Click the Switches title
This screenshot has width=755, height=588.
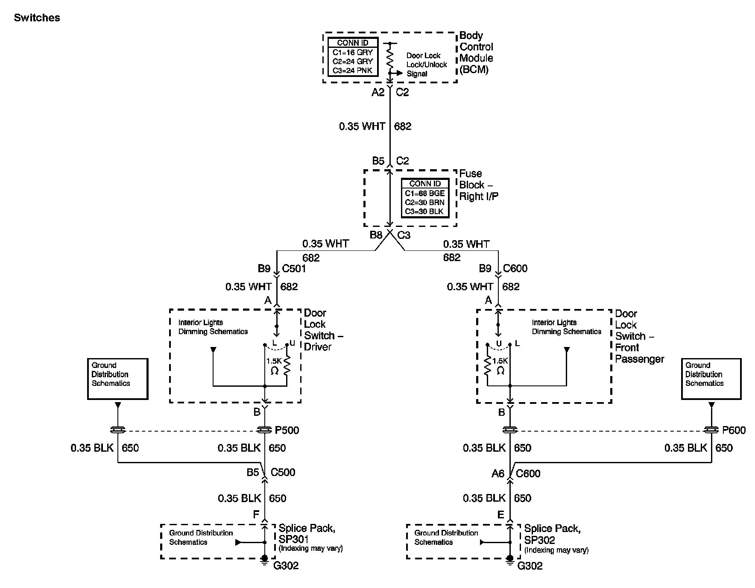point(37,18)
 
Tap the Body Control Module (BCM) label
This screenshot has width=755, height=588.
point(476,53)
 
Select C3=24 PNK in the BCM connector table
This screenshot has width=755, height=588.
point(352,71)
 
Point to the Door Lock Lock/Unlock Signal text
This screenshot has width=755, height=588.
point(426,65)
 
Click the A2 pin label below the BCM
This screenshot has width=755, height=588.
point(378,92)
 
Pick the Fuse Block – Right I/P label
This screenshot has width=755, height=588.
point(478,185)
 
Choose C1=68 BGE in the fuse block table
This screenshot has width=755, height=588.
point(424,193)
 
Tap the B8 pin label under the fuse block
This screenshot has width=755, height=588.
point(376,235)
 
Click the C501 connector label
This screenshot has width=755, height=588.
point(294,269)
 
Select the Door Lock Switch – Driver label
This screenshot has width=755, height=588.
point(323,330)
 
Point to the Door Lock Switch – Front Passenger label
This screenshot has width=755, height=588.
point(639,336)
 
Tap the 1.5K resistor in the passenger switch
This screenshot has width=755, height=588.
point(487,365)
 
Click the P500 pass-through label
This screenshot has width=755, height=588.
point(287,430)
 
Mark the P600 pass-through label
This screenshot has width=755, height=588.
point(734,430)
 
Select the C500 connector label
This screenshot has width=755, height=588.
point(283,472)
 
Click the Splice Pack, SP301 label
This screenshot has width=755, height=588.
point(307,534)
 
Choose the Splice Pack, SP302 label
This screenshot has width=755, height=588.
point(552,534)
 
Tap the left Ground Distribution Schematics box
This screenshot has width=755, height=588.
point(117,379)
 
